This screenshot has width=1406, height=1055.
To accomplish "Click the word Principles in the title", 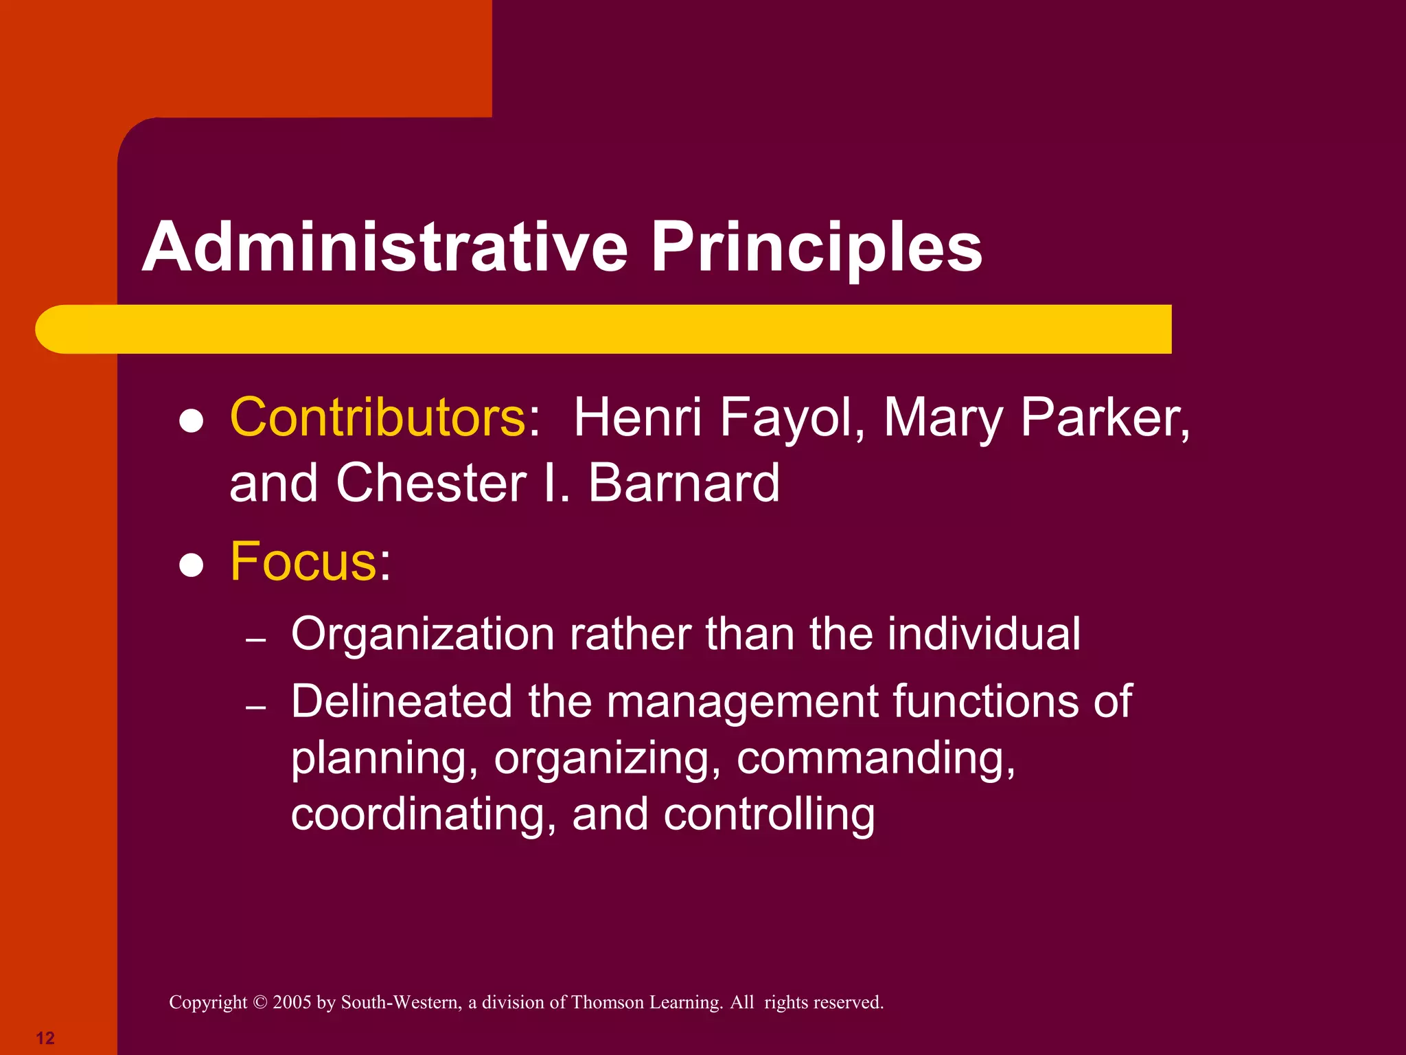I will coord(816,249).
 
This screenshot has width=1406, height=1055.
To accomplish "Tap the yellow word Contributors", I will coord(378,417).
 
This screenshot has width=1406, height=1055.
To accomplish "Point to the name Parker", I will coord(1105,417).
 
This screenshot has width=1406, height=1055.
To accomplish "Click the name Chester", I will coord(432,483).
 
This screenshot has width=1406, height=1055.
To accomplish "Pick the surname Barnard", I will coord(684,483).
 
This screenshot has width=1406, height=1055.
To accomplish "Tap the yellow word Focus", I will coord(303,561).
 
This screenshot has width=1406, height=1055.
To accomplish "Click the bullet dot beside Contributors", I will coord(192,422).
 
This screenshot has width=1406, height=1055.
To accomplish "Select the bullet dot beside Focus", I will coord(192,566).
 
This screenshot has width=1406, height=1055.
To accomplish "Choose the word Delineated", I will coord(402,701).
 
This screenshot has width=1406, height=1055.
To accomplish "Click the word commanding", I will coord(875,758).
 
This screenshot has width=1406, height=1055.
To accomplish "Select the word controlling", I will coord(769,815).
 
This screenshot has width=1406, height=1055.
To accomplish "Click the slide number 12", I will coord(45,1038).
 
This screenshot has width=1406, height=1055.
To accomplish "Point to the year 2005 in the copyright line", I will coord(292,1003).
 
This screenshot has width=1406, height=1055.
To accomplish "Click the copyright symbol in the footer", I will coord(260,1003).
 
